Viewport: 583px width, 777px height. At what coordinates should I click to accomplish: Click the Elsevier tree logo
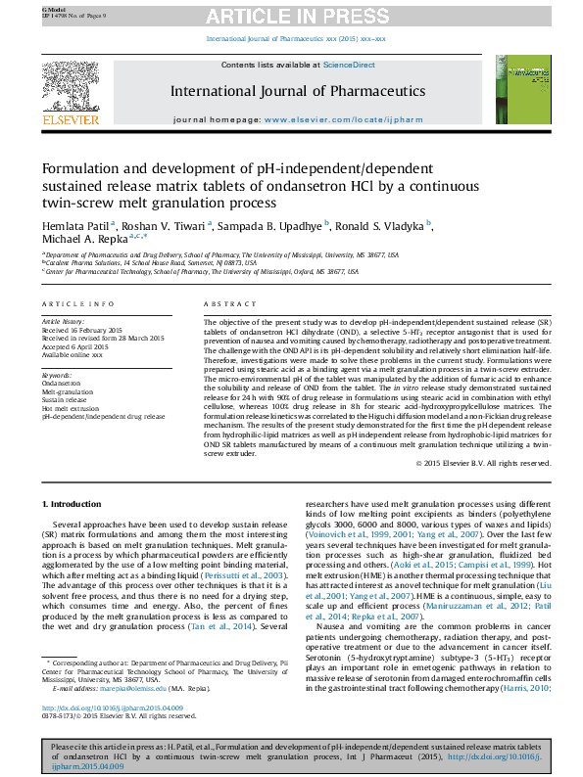70,86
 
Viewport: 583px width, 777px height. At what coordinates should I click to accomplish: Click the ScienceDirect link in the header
350,65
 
